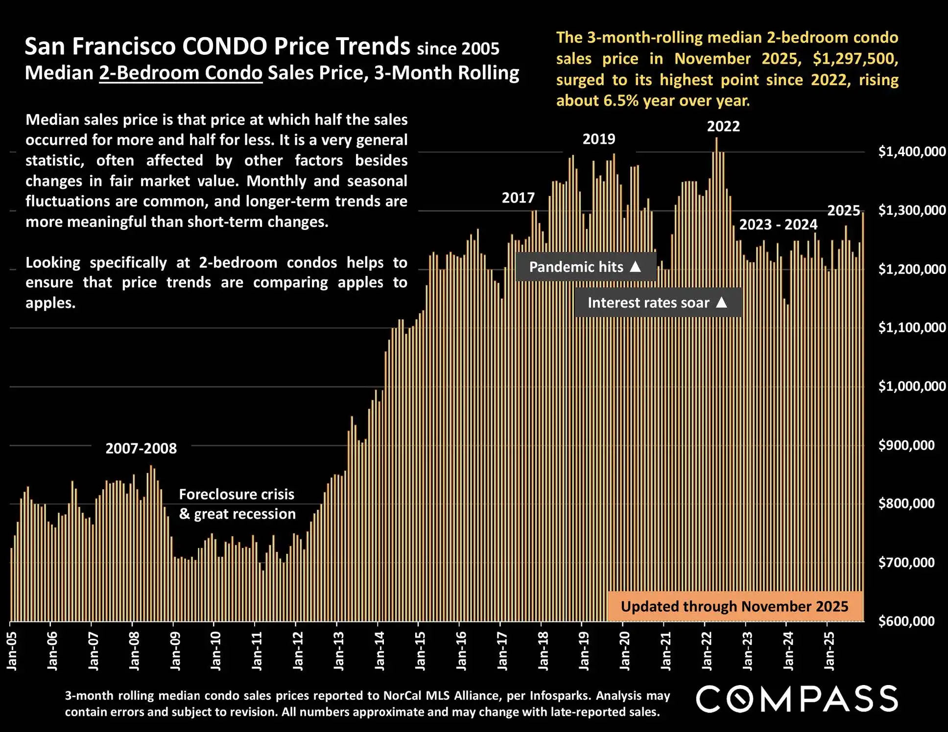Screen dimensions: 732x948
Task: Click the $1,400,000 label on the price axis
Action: (912, 152)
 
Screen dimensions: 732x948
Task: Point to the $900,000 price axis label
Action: (906, 445)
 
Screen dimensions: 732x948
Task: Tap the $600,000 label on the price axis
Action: (906, 621)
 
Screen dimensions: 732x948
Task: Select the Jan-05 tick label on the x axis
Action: (12, 650)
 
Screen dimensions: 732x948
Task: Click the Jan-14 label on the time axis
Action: (379, 650)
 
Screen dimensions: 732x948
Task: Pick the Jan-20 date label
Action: (625, 650)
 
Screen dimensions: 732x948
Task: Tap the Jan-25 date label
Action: (829, 650)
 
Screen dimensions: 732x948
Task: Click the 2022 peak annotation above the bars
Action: (723, 127)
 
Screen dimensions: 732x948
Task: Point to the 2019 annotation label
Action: (599, 139)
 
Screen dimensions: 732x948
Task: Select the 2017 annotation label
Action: (518, 198)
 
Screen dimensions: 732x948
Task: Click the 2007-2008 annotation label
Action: (141, 449)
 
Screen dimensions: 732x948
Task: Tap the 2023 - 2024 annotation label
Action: (778, 225)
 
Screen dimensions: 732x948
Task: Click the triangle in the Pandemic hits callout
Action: (635, 267)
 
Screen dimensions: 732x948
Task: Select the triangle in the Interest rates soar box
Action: (721, 302)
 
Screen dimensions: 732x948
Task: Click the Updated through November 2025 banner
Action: (735, 607)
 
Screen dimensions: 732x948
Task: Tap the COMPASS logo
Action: (797, 699)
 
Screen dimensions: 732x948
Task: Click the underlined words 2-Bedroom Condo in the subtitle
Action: (181, 73)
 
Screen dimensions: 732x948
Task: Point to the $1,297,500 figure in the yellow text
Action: (855, 59)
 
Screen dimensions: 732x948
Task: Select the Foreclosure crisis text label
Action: (237, 495)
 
